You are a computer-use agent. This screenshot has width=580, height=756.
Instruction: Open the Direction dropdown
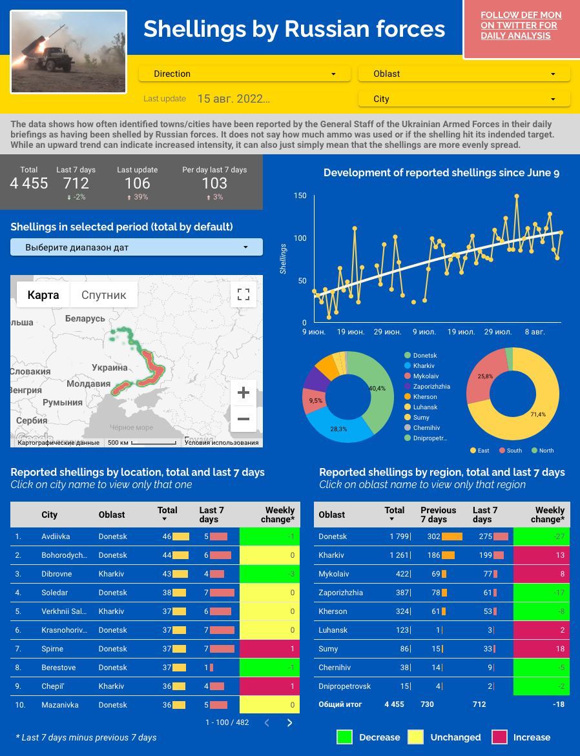pyautogui.click(x=244, y=74)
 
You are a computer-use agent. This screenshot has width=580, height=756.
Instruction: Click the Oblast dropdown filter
pyautogui.click(x=464, y=74)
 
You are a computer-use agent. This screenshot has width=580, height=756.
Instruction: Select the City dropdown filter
pyautogui.click(x=464, y=99)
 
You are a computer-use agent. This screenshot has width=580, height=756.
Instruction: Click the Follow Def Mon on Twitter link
pyautogui.click(x=521, y=25)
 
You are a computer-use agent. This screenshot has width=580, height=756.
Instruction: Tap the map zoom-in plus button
pyautogui.click(x=243, y=393)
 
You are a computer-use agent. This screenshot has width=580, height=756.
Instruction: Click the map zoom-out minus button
pyautogui.click(x=243, y=419)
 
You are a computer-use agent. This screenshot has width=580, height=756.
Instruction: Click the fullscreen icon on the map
pyautogui.click(x=243, y=294)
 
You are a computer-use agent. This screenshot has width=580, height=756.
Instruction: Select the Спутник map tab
pyautogui.click(x=103, y=295)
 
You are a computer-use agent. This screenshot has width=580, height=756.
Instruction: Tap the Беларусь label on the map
pyautogui.click(x=85, y=319)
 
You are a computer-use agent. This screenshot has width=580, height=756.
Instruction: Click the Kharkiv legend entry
pyautogui.click(x=423, y=366)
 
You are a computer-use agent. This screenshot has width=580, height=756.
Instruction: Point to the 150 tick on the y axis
pyautogui.click(x=300, y=196)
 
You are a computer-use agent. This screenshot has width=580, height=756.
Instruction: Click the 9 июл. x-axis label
pyautogui.click(x=424, y=332)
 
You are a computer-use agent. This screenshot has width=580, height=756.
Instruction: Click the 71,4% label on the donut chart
pyautogui.click(x=537, y=414)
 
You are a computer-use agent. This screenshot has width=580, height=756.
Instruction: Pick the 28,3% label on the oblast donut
pyautogui.click(x=338, y=429)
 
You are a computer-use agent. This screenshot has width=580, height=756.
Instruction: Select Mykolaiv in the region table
pyautogui.click(x=333, y=574)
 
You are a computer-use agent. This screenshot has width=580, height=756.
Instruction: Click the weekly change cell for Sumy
pyautogui.click(x=541, y=649)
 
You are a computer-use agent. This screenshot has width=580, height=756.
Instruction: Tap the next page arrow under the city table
pyautogui.click(x=289, y=723)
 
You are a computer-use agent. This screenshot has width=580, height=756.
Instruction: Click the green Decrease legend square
pyautogui.click(x=344, y=737)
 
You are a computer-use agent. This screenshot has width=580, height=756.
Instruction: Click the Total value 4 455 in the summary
pyautogui.click(x=29, y=183)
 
